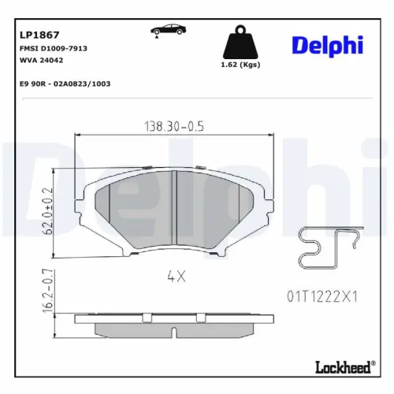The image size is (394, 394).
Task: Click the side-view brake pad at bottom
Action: click(x=174, y=322)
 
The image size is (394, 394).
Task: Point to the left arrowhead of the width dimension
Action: click(x=77, y=136)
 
